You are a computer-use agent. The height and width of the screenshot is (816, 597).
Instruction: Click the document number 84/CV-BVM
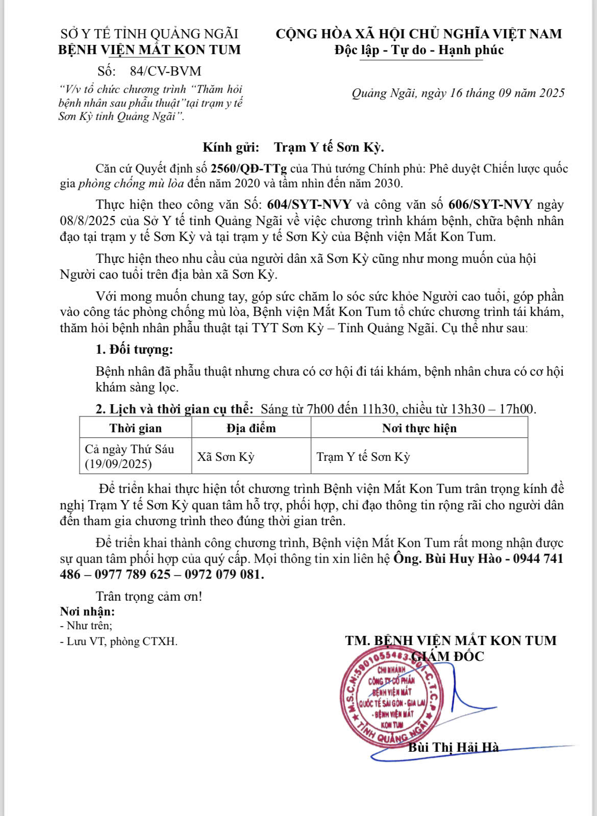[165, 71]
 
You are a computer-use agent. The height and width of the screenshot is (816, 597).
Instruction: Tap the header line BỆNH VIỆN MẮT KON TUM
[150, 50]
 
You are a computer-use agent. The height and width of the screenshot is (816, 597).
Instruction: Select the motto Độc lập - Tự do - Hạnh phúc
[419, 50]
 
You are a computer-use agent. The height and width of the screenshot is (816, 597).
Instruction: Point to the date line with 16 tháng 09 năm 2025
[458, 93]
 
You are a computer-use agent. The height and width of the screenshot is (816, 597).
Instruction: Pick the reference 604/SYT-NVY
[310, 205]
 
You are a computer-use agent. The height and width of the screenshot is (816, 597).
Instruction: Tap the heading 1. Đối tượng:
[134, 350]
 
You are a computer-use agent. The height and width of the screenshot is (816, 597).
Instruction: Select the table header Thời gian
[136, 428]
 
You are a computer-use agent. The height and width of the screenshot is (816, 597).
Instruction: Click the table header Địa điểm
[251, 428]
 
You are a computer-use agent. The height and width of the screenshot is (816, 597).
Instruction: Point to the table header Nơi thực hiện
[419, 428]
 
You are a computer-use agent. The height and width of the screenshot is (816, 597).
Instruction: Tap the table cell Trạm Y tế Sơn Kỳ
[363, 457]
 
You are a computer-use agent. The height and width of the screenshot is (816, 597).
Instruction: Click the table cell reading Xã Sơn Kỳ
[226, 457]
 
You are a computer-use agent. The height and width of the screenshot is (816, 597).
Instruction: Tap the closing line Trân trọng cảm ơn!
[148, 596]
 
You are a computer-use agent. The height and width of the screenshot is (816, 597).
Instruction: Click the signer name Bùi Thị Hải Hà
[453, 748]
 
